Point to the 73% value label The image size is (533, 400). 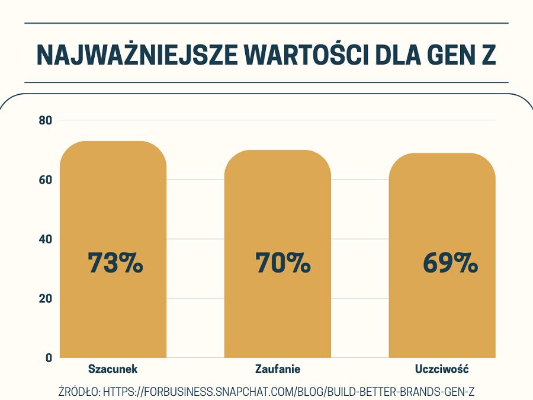click(x=115, y=263)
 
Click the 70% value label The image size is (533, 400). click(x=283, y=263)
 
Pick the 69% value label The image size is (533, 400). click(x=450, y=263)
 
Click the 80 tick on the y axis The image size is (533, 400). click(x=46, y=120)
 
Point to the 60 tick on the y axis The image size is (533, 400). click(x=46, y=180)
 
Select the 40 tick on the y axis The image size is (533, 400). click(x=46, y=239)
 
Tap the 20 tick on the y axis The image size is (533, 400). click(x=46, y=298)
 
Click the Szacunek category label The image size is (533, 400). click(x=113, y=369)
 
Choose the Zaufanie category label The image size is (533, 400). click(x=278, y=369)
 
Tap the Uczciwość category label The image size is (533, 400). click(x=442, y=369)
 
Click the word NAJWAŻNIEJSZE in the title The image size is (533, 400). click(x=136, y=55)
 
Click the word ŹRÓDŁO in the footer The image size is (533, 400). click(x=79, y=392)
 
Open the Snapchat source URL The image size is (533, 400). click(x=290, y=392)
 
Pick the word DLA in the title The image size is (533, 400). click(x=397, y=55)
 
